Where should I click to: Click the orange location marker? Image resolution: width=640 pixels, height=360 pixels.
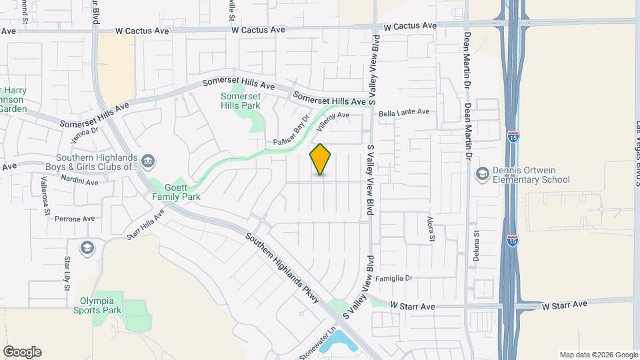click(x=321, y=159)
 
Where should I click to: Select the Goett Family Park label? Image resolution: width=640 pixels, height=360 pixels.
click(x=176, y=192)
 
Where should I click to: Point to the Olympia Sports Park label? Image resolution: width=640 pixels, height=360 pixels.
click(x=101, y=305)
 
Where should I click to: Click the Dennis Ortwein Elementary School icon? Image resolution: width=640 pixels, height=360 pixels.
click(x=481, y=174)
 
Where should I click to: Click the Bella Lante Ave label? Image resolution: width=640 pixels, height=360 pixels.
click(x=404, y=113)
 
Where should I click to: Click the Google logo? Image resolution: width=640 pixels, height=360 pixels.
click(x=22, y=352)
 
